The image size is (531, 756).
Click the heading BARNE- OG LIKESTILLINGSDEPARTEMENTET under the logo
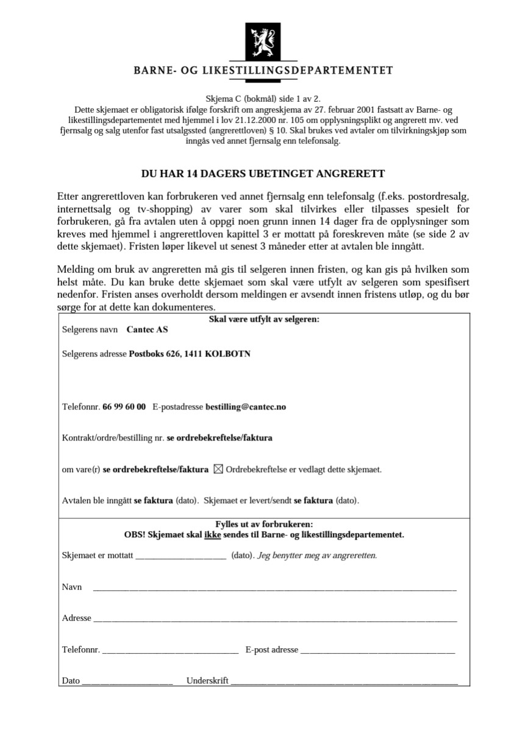(263, 71)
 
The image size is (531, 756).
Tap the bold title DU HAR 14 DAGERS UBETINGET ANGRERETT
(263, 174)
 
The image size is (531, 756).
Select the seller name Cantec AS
(147, 330)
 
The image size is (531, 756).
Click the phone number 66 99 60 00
(124, 406)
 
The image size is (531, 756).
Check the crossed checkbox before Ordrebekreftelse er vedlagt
(218, 469)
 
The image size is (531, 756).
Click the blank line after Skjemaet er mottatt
(180, 556)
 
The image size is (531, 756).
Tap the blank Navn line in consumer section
(274, 588)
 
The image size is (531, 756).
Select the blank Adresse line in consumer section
(274, 619)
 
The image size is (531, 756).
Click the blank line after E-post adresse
(377, 651)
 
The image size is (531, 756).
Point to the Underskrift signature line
(344, 682)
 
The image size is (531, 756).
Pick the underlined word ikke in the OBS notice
(212, 535)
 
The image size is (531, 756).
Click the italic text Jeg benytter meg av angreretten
(317, 556)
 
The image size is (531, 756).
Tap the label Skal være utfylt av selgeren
(264, 319)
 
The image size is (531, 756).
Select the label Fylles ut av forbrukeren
(264, 524)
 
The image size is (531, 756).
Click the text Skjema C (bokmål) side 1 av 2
(263, 98)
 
